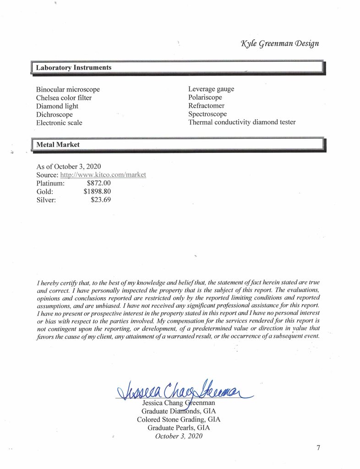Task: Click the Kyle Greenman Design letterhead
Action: point(279,44)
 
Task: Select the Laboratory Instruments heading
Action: point(73,68)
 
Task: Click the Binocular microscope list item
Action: point(68,89)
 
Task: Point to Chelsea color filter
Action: point(64,98)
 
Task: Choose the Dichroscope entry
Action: point(54,115)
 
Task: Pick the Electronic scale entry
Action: point(59,123)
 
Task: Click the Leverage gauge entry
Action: point(211,89)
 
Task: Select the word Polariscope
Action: point(205,97)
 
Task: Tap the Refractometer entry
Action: point(207,106)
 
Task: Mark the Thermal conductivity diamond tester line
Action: point(242,122)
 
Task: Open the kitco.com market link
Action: point(103,175)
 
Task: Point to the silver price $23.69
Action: point(101,200)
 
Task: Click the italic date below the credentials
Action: point(179,436)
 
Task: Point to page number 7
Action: point(318,448)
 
